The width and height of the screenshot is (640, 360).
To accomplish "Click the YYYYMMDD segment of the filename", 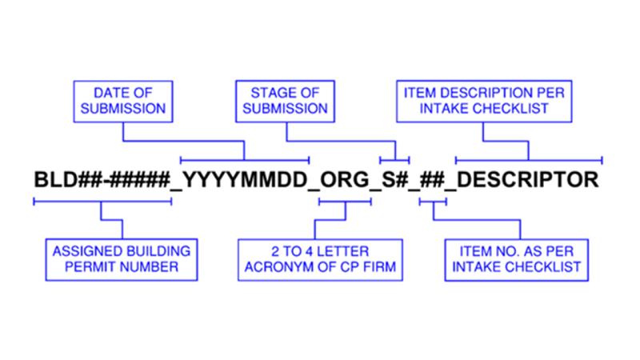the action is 244,179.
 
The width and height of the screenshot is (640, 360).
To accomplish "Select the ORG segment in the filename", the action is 345,179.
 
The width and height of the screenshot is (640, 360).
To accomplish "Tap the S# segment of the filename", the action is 394,179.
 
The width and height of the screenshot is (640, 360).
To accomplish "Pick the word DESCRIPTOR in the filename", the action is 527,179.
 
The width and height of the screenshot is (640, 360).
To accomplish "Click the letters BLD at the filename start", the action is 55,179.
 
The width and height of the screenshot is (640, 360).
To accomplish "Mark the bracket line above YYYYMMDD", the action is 245,160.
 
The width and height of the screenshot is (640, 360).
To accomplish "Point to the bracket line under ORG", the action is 345,202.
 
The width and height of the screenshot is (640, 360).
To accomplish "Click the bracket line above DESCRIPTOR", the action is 529,160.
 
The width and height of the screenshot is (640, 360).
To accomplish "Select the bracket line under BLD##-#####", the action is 102,202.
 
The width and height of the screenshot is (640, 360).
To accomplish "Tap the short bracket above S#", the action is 394,160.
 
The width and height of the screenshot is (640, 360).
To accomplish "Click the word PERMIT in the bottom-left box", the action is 85,267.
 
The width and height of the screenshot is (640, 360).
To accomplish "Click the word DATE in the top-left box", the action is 109,93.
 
